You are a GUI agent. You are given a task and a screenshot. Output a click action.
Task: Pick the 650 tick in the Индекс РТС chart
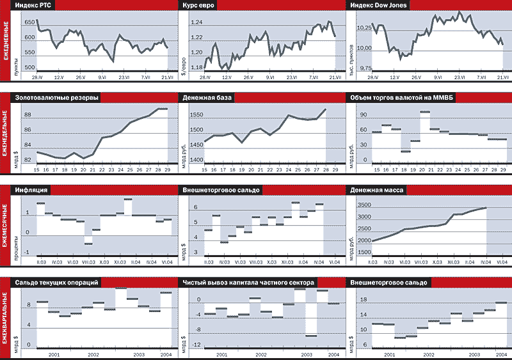[29, 22]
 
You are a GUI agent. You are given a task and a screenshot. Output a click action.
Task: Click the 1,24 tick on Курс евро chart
[198, 22]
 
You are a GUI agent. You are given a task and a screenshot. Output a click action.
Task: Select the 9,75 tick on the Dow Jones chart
[364, 68]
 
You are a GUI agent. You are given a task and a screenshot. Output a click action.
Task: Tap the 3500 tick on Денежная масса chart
[363, 205]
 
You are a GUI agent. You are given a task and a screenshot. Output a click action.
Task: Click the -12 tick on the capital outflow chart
[198, 345]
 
